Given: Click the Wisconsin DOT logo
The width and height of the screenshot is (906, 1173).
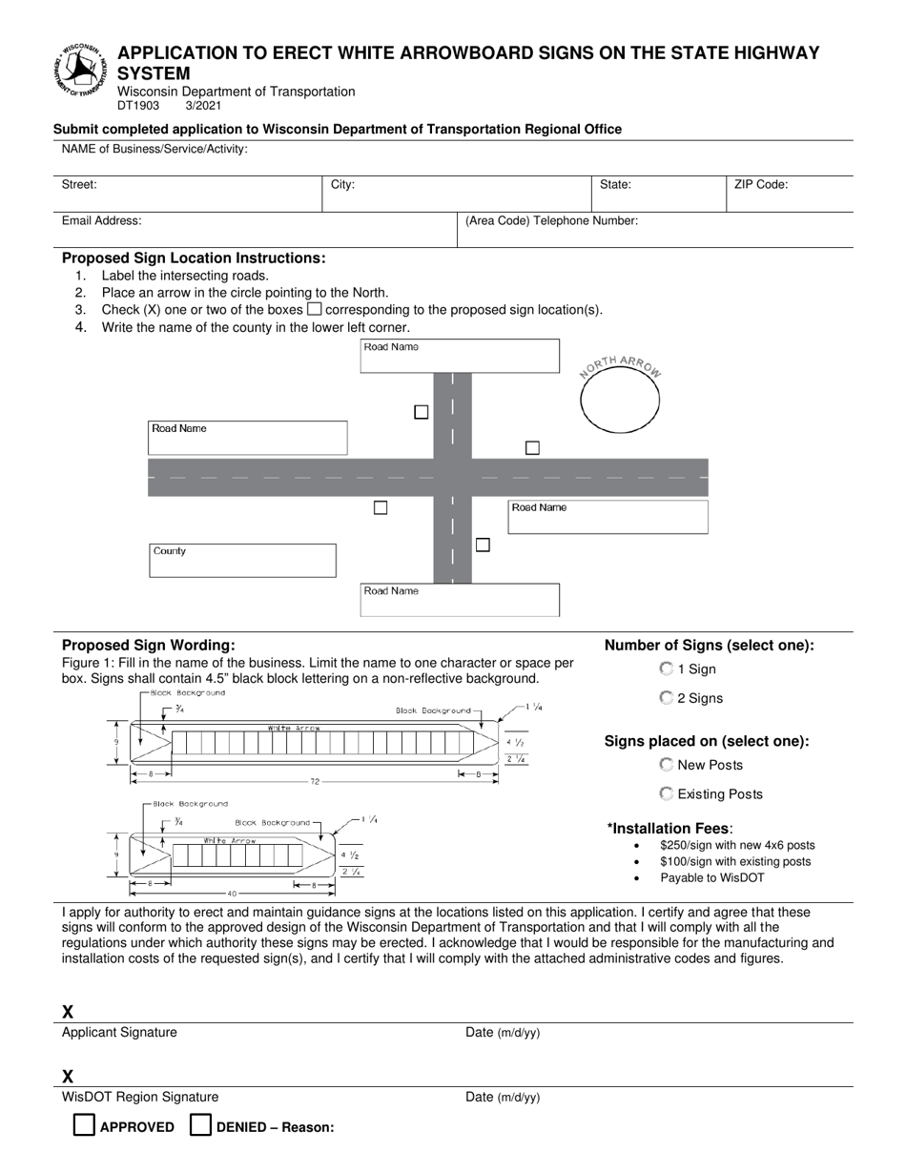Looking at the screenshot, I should point(81,70).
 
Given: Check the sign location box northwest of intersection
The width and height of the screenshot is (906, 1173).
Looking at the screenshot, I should point(421,412).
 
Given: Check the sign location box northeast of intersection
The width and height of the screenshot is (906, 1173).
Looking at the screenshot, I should point(532,447).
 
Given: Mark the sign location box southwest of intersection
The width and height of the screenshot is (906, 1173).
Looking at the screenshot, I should point(381,507).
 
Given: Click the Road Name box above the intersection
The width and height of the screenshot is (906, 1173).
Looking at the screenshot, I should point(459,356).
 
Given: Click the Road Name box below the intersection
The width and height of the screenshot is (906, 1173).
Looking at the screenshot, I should point(459,600).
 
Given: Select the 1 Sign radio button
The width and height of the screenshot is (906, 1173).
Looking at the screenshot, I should point(666,669).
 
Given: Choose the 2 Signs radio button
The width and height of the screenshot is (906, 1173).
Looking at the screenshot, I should point(666,698).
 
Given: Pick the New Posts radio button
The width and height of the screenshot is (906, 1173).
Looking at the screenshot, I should point(666,765).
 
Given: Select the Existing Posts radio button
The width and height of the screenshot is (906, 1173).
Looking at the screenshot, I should point(666,793).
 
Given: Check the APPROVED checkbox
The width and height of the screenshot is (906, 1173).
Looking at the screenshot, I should point(85,1125).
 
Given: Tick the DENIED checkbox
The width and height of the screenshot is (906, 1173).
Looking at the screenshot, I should point(200,1125).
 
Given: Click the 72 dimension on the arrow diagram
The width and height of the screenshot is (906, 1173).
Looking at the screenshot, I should point(315,782).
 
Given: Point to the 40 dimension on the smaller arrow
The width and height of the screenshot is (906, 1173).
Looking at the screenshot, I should point(232,894).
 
